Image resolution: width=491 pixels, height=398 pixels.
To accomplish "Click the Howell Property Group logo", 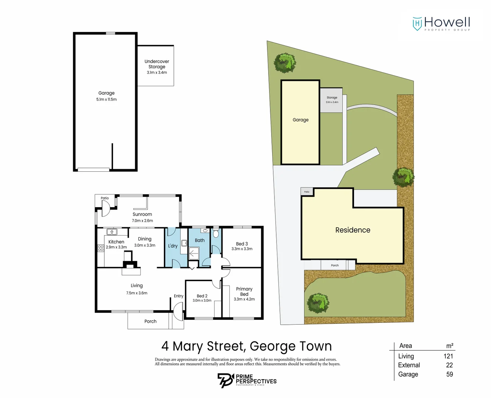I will click(x=441, y=24).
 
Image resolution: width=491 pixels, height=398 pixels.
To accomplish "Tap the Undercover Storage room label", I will click(x=157, y=64).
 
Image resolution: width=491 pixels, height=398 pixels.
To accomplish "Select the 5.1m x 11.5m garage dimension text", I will click(x=106, y=99).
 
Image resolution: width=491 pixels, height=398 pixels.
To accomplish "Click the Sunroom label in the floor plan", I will click(x=142, y=214).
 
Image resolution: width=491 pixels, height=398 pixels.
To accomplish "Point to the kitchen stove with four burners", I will click(x=101, y=248).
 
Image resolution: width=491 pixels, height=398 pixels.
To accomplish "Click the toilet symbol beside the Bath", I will click(x=216, y=234).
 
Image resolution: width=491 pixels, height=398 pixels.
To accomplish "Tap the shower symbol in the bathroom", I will click(x=193, y=253).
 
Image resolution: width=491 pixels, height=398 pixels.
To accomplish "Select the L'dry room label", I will click(x=173, y=246).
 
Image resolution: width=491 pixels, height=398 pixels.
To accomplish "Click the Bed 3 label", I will click(x=242, y=244).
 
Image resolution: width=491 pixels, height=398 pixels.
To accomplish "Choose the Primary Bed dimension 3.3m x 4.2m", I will click(x=244, y=299).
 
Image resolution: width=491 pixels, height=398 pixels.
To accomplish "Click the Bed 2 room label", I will click(x=202, y=296).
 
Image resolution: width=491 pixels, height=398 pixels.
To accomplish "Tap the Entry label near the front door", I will click(x=179, y=296).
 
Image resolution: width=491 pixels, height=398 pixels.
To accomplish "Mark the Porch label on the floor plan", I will click(x=150, y=321).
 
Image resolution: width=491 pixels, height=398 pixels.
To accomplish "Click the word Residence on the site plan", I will click(x=353, y=230).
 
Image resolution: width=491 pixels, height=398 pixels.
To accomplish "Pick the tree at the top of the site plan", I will click(x=285, y=63).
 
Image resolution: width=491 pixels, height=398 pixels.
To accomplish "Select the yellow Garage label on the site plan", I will click(x=301, y=120).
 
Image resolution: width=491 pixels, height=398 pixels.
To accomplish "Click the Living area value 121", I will click(x=448, y=356).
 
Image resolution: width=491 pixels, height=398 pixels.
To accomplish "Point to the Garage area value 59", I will click(x=449, y=374).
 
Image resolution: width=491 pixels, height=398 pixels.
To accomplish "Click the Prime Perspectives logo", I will click(x=247, y=380).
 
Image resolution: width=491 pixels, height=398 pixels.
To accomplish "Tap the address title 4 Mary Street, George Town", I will click(x=246, y=346).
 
